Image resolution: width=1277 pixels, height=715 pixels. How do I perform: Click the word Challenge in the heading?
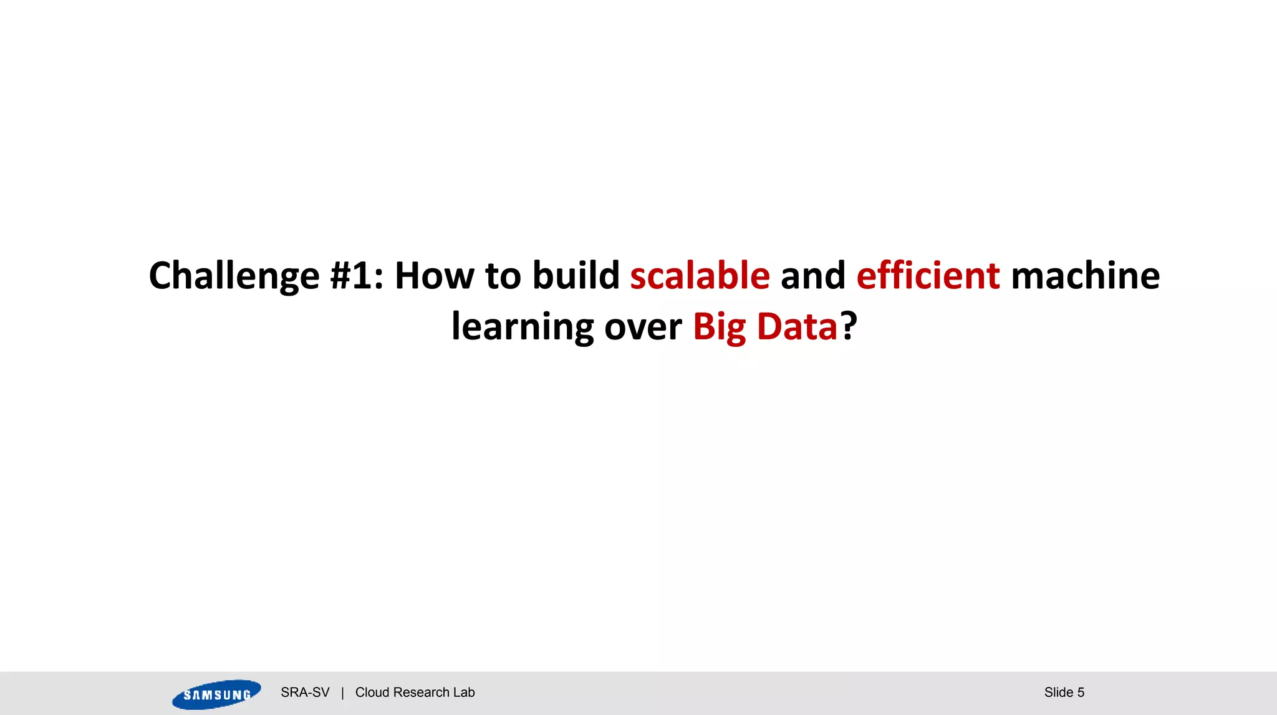tap(234, 276)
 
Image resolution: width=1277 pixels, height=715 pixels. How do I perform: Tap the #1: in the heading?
tap(357, 276)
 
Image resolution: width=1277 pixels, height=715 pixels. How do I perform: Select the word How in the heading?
tap(434, 276)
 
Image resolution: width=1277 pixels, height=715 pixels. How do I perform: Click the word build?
tap(576, 276)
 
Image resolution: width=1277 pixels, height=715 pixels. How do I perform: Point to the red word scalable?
tap(700, 276)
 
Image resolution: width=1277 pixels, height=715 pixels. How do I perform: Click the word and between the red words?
tap(812, 276)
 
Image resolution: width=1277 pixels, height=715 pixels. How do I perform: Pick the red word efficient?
tap(928, 276)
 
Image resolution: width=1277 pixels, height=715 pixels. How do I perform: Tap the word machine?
tap(1085, 276)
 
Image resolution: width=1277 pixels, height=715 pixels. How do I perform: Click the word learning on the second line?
tap(523, 327)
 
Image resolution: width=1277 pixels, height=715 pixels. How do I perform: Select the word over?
tap(643, 327)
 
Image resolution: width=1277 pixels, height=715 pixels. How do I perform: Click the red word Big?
tap(719, 327)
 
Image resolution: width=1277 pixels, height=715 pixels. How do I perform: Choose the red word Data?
tap(797, 327)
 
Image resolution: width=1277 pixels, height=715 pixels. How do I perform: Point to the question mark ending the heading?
tap(849, 326)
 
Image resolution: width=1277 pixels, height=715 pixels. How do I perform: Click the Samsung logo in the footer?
tap(216, 694)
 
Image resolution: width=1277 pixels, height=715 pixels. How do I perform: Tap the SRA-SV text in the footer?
tap(305, 693)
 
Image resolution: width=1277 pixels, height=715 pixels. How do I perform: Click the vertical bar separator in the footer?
tap(342, 693)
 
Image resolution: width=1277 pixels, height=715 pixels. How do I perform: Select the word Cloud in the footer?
tap(372, 693)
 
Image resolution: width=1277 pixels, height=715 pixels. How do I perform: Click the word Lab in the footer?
tap(464, 693)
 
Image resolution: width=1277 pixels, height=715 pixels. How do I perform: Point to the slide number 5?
tap(1081, 693)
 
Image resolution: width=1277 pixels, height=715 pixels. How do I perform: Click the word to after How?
tap(503, 276)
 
